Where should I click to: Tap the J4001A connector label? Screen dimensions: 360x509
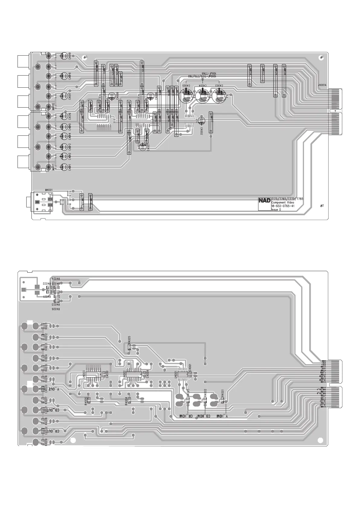coord(322,85)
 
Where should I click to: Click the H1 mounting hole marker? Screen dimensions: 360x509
coord(322,57)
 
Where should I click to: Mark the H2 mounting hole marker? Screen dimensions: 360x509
coord(322,206)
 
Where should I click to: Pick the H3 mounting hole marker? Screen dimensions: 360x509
coord(86,57)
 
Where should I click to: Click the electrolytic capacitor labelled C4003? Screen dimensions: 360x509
coord(219,96)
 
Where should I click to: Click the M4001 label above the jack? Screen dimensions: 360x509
coord(49,190)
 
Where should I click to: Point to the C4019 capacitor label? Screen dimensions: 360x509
coord(70,56)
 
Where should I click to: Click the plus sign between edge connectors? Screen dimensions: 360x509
coord(335,111)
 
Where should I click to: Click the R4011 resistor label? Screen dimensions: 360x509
coord(46,326)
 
